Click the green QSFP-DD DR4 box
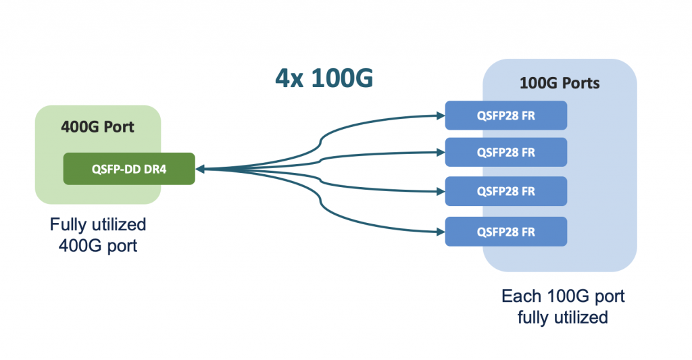tap(129, 169)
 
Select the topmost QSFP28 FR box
tap(505, 115)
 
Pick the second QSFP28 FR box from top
tap(505, 153)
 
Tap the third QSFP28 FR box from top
tap(505, 192)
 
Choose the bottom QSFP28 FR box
tap(505, 232)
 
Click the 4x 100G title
tap(324, 78)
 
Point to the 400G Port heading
tap(97, 126)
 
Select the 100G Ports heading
tap(559, 84)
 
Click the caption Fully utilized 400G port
tap(98, 234)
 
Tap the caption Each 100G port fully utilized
tap(562, 307)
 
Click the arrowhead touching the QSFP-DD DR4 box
tap(200, 169)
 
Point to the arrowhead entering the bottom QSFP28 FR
tap(440, 232)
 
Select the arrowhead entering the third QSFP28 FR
tap(440, 192)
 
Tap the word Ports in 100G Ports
tap(578, 84)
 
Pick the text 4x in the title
tap(287, 78)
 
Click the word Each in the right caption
tap(521, 297)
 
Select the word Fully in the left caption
tap(67, 224)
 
